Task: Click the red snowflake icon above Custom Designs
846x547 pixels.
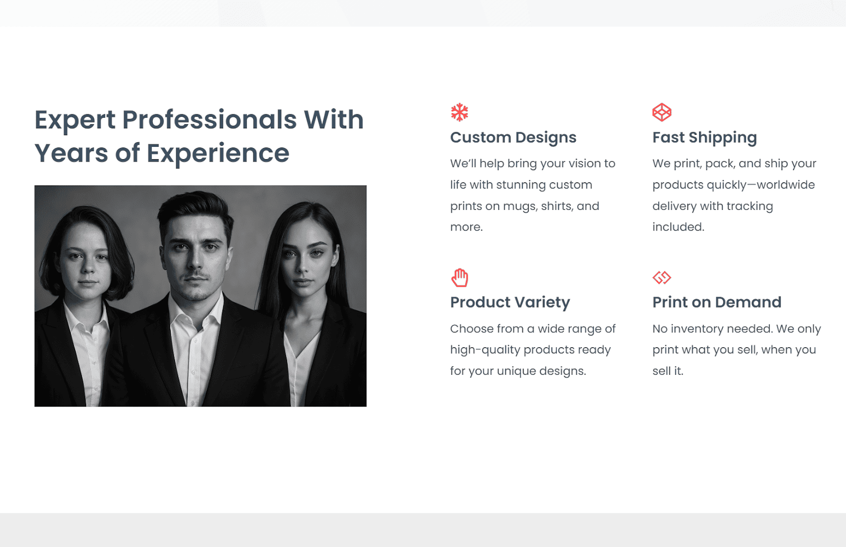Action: coord(459,112)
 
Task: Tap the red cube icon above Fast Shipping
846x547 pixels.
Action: coord(661,112)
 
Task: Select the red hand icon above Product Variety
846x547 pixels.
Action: coord(459,278)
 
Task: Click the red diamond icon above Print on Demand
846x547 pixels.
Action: coord(661,277)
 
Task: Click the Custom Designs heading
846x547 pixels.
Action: coord(513,137)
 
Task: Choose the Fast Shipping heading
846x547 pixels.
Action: coord(705,137)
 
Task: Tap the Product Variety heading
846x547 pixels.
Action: coord(510,302)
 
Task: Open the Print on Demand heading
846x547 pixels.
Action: coord(717,302)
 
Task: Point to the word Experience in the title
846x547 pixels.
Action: coord(218,154)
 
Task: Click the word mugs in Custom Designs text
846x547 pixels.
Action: coord(520,207)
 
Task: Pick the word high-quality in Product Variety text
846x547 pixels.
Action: coord(485,350)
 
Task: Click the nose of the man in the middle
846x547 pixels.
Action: coord(195,261)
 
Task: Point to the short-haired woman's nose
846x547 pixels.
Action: coord(88,267)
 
